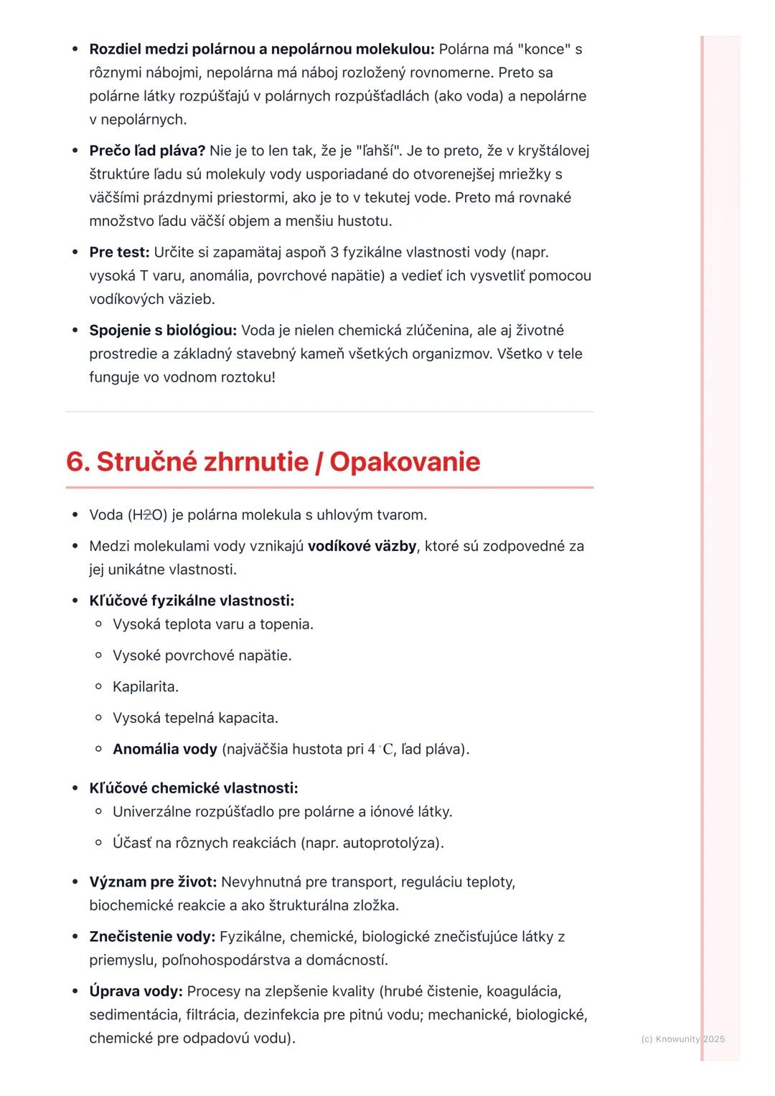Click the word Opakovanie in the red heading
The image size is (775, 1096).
pyautogui.click(x=405, y=462)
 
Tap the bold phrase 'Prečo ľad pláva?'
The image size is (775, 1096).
pyautogui.click(x=147, y=151)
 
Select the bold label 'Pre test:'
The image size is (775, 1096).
pyautogui.click(x=119, y=252)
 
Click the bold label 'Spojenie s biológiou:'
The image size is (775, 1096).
pyautogui.click(x=163, y=331)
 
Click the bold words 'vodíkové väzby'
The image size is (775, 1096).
pyautogui.click(x=362, y=547)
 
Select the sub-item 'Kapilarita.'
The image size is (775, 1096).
pyautogui.click(x=145, y=687)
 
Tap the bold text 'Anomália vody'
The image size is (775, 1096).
pyautogui.click(x=164, y=750)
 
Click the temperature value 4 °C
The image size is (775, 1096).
pyautogui.click(x=380, y=750)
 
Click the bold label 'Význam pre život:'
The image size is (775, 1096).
pyautogui.click(x=153, y=882)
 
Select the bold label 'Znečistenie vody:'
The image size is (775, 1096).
pyautogui.click(x=152, y=937)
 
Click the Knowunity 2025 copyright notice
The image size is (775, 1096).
pyautogui.click(x=682, y=1039)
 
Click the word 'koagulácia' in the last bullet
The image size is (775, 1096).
pyautogui.click(x=523, y=992)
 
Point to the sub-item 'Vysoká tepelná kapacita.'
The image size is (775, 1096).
pyautogui.click(x=195, y=718)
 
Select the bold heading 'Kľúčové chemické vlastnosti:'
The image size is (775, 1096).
pyautogui.click(x=193, y=788)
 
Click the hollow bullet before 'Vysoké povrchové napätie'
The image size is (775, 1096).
pyautogui.click(x=99, y=656)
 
